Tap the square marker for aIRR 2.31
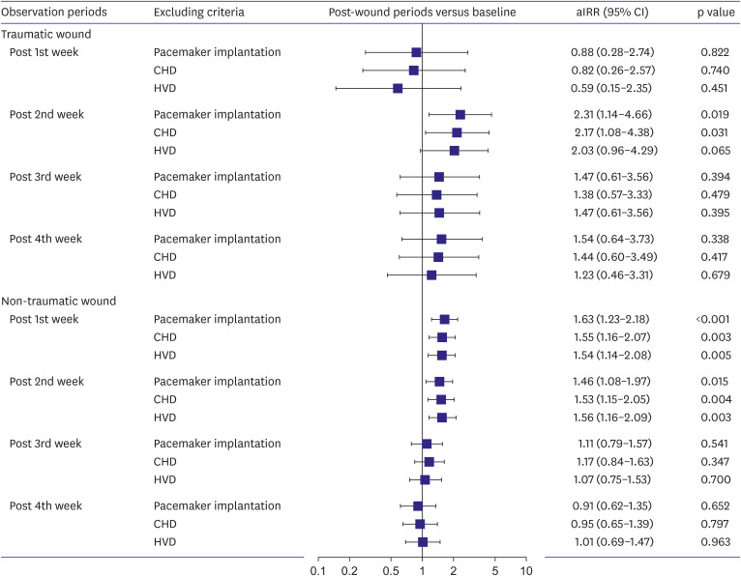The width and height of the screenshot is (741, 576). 459,115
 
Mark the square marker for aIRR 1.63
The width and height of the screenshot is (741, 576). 444,319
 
